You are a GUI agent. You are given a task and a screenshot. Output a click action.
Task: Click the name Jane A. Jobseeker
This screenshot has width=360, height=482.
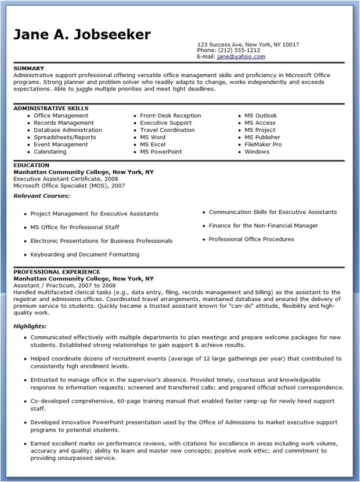(x=82, y=34)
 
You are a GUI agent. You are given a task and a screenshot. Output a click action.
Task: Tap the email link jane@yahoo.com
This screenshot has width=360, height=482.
(x=242, y=56)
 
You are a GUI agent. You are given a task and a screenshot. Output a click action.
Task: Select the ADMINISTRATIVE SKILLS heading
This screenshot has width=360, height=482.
(x=51, y=109)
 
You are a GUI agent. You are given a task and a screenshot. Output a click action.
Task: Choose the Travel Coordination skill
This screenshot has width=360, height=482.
(x=167, y=130)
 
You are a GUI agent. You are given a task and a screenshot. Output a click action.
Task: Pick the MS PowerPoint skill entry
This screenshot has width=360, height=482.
(x=161, y=152)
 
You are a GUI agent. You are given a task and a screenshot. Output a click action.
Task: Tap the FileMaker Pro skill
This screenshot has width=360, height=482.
(x=263, y=145)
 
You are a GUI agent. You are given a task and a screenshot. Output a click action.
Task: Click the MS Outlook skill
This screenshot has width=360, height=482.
(x=261, y=116)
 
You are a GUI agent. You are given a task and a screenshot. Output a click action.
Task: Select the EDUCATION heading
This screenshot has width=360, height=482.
(x=31, y=166)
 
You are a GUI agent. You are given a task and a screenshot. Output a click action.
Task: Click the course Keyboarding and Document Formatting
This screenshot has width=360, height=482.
(x=84, y=254)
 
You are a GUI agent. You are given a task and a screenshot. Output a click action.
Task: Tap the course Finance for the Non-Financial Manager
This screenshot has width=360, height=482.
(x=263, y=225)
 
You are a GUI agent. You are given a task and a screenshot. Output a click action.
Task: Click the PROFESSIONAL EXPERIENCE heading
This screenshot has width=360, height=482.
(x=57, y=272)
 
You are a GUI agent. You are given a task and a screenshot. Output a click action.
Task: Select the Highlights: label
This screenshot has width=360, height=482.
(x=30, y=326)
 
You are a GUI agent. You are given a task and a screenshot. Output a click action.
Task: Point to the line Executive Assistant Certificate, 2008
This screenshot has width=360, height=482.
(x=66, y=179)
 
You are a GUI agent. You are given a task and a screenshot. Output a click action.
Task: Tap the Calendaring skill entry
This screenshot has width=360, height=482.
(x=50, y=152)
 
